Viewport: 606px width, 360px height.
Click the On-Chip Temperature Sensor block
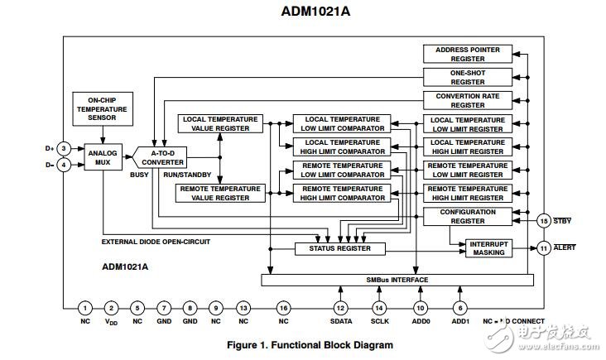pos(101,108)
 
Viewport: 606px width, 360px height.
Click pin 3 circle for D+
pos(63,149)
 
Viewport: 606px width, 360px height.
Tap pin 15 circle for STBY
pos(543,221)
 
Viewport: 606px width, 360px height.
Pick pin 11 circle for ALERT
pos(543,248)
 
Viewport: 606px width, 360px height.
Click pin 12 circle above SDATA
pos(340,308)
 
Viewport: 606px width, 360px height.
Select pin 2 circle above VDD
pos(112,308)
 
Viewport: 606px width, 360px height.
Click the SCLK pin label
pos(379,321)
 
